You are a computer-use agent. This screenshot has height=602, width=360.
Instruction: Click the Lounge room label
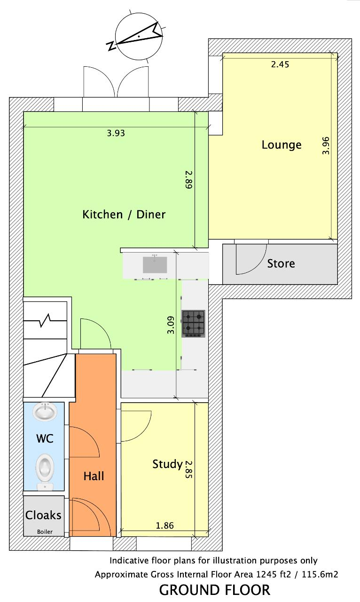[x=282, y=145]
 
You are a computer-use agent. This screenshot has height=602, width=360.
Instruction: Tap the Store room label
[x=281, y=264]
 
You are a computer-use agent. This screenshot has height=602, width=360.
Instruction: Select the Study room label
[x=168, y=464]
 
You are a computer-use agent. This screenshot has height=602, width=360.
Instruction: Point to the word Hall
[x=94, y=476]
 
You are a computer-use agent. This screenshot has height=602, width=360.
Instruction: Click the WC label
[x=45, y=438]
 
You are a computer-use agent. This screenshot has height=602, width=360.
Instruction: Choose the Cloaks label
[x=43, y=515]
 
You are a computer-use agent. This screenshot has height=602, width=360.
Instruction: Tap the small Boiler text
[x=45, y=531]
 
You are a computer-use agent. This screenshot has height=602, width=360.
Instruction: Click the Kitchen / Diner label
[x=124, y=214]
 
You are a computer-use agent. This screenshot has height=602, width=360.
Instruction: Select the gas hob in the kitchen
[x=193, y=324]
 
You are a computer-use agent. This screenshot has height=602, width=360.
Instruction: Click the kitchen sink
[x=155, y=264]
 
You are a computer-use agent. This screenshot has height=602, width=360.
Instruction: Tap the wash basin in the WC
[x=45, y=412]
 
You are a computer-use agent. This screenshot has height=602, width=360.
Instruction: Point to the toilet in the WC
[x=45, y=472]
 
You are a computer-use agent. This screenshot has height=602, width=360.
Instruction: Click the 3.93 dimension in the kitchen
[x=116, y=133]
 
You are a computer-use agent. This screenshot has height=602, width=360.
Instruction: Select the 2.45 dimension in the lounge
[x=280, y=64]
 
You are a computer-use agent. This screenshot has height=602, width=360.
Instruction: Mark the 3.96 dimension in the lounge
[x=326, y=145]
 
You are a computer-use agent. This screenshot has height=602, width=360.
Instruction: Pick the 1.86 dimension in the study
[x=164, y=525]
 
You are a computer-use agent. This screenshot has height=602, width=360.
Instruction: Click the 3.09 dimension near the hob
[x=171, y=325]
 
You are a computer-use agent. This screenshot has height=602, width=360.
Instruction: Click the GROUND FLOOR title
[x=215, y=590]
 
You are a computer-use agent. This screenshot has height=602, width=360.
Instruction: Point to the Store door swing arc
[x=260, y=266]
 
